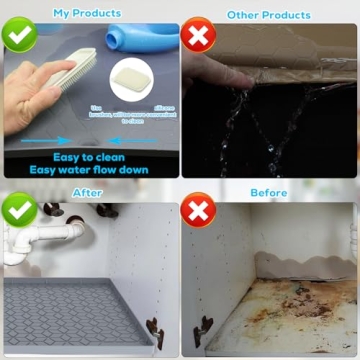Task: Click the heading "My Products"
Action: tap(87, 13)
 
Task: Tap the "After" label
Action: tap(87, 193)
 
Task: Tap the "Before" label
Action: tap(268, 193)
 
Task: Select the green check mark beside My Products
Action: tap(20, 37)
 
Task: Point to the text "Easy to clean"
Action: tap(89, 156)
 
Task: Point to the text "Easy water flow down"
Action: tap(89, 170)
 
